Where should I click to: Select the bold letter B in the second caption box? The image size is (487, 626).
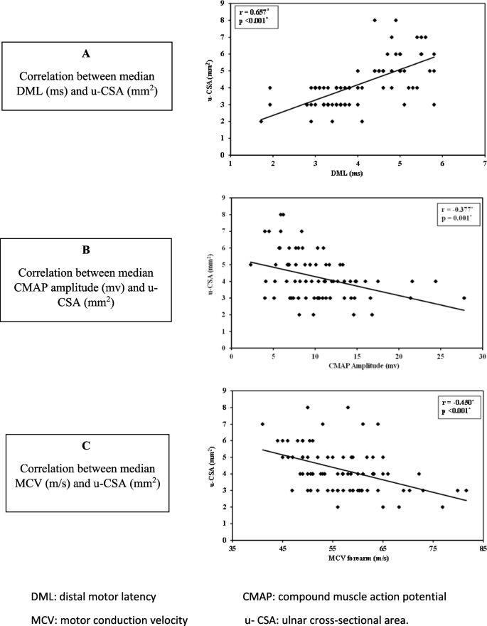click(87, 251)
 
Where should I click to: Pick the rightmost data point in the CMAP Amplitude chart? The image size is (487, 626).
click(464, 298)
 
